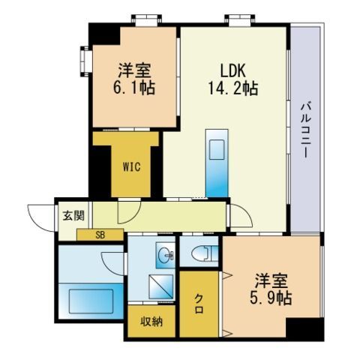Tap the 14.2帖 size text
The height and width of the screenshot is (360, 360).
(x=234, y=88)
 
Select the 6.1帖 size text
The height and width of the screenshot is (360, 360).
(x=134, y=88)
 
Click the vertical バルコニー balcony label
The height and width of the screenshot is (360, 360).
(x=305, y=129)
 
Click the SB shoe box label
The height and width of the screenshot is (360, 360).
(x=100, y=235)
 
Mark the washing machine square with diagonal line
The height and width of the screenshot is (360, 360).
(x=160, y=286)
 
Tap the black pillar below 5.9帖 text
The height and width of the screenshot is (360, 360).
(x=303, y=328)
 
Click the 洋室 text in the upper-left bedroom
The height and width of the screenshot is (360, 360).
(x=134, y=71)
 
